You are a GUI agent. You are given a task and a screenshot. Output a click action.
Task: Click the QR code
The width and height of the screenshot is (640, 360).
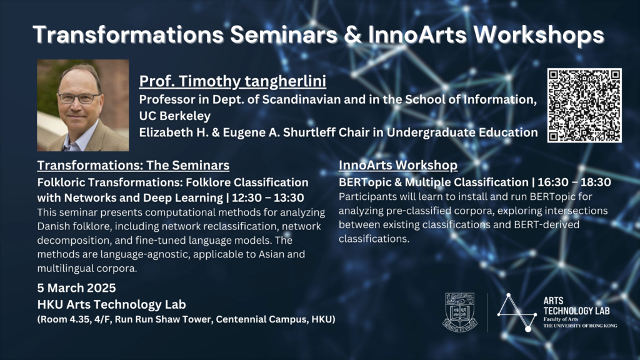pyautogui.click(x=584, y=105)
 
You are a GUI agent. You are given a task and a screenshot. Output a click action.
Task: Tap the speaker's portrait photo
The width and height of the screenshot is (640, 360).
pyautogui.click(x=83, y=105)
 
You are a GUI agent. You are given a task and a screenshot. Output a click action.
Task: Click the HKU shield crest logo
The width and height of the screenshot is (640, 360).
pyautogui.click(x=460, y=312)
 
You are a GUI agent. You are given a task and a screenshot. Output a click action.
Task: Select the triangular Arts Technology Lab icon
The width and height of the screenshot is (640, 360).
pyautogui.click(x=517, y=312)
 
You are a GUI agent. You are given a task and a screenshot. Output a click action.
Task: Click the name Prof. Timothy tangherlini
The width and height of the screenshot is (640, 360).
pyautogui.click(x=232, y=81)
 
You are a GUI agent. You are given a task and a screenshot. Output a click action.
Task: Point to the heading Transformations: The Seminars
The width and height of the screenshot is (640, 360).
pyautogui.click(x=133, y=165)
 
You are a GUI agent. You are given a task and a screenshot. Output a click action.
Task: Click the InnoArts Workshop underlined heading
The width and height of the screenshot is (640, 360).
pyautogui.click(x=398, y=165)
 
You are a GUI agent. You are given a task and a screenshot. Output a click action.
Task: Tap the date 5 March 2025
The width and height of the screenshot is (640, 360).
pyautogui.click(x=76, y=287)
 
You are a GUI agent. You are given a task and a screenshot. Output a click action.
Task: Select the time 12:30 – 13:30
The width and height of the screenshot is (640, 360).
pyautogui.click(x=267, y=197)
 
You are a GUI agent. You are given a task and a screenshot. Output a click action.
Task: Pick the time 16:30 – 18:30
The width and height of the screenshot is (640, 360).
pyautogui.click(x=574, y=182)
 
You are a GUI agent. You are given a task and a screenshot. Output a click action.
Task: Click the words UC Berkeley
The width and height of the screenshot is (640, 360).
pyautogui.click(x=175, y=116)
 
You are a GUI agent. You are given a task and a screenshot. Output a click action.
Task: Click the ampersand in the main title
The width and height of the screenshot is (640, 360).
pyautogui.click(x=352, y=35)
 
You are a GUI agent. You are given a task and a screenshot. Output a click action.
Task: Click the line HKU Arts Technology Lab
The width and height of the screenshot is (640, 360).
pyautogui.click(x=111, y=304)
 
